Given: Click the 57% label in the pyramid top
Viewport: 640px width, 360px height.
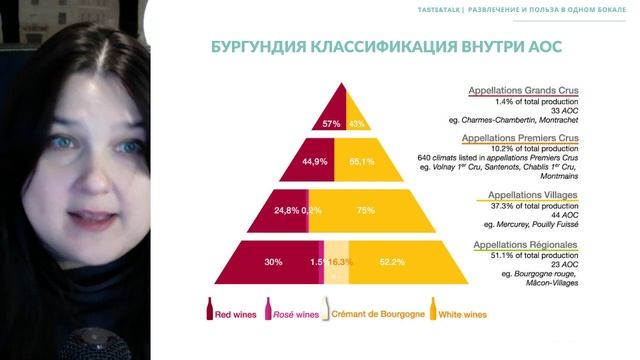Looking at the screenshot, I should pyautogui.click(x=332, y=124).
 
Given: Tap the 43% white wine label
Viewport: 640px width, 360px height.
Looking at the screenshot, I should pyautogui.click(x=355, y=124).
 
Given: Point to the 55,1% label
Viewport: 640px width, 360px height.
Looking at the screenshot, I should pyautogui.click(x=362, y=160).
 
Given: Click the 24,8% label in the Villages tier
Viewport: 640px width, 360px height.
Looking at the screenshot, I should pyautogui.click(x=287, y=211).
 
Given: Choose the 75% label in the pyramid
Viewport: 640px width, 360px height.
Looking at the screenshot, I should pyautogui.click(x=365, y=211).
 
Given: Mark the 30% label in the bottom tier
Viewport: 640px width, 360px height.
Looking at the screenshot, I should pyautogui.click(x=272, y=262).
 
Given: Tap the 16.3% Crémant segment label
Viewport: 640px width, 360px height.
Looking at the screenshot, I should pyautogui.click(x=341, y=262).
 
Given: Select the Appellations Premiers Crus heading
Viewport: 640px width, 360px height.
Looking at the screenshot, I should pyautogui.click(x=524, y=138).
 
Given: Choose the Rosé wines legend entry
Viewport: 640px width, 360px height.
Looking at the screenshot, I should pyautogui.click(x=289, y=314).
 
